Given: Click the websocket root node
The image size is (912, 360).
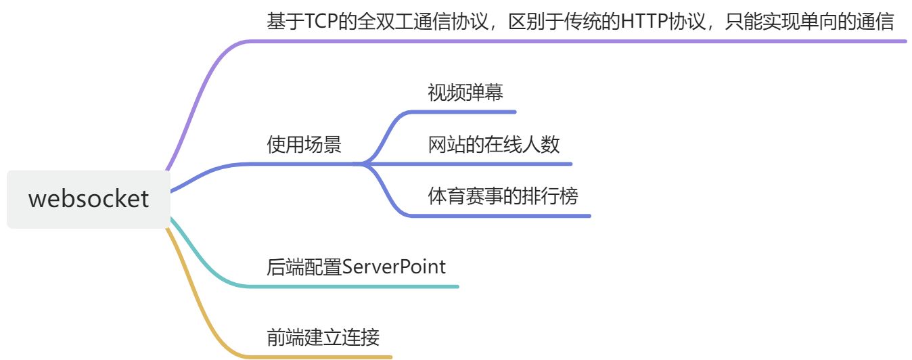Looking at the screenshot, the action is click(88, 199).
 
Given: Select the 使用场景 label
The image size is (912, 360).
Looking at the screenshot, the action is click(304, 145).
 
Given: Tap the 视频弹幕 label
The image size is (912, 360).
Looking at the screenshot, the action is click(465, 92).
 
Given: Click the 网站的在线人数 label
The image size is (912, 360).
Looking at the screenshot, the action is click(494, 144).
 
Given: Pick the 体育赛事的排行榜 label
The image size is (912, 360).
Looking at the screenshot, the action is click(503, 196).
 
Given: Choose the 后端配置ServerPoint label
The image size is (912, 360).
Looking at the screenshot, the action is click(357, 267).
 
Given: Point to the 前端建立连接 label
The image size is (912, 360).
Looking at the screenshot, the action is click(327, 336).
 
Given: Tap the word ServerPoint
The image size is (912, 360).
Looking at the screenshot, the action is click(394, 267).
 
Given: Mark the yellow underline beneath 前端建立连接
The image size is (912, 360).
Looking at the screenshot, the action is click(318, 356).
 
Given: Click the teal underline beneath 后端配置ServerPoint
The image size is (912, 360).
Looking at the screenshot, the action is click(352, 286).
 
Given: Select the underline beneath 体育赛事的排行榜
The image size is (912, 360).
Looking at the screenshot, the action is click(501, 216).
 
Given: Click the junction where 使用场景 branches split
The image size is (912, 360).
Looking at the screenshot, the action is click(363, 164).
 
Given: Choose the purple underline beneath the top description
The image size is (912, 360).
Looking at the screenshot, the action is click(575, 41).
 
